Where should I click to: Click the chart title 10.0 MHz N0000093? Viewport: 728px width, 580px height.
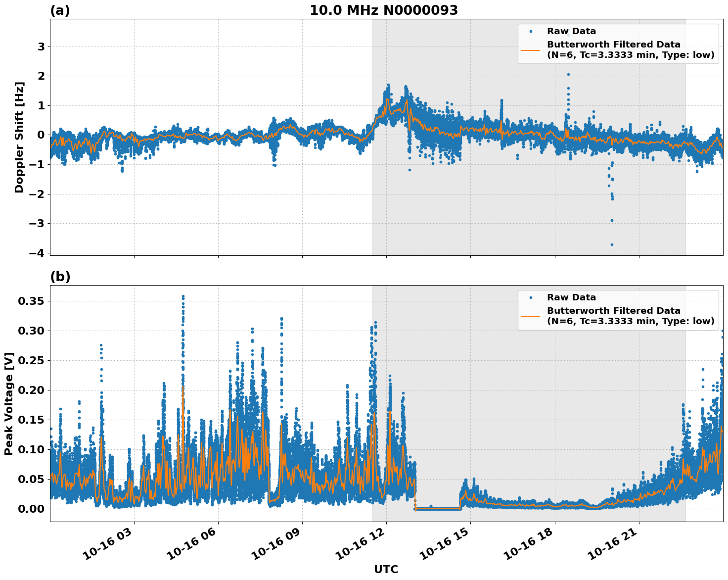(x=384, y=10)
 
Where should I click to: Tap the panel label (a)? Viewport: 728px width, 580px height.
(x=60, y=11)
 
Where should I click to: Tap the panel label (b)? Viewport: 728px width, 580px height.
(x=60, y=277)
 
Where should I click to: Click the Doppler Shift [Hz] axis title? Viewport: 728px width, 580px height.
(x=19, y=137)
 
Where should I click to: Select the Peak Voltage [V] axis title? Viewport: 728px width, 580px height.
(x=8, y=403)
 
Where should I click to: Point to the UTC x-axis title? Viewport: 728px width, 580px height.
(x=386, y=569)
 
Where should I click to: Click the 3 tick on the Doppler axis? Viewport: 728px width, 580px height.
(x=41, y=47)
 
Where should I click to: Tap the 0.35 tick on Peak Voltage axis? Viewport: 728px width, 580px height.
(x=31, y=301)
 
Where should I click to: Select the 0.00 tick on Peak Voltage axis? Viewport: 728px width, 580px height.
(x=31, y=509)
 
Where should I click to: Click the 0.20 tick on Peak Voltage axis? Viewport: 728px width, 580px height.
(x=31, y=390)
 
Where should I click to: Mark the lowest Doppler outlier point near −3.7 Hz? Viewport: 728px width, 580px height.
(x=612, y=244)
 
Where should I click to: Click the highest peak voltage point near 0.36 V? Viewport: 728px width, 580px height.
(x=183, y=296)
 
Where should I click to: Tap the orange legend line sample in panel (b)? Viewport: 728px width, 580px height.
(x=530, y=316)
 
